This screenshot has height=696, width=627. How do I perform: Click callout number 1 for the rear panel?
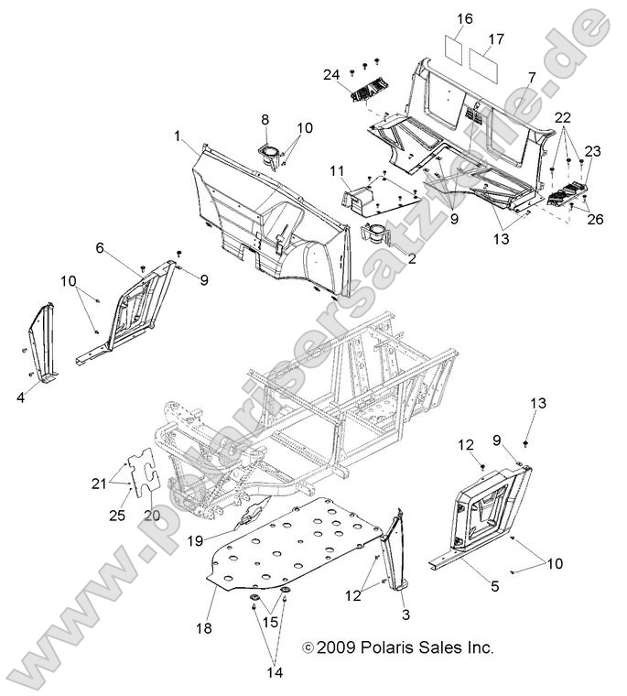click(176, 136)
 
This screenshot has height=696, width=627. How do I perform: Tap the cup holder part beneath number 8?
click(271, 156)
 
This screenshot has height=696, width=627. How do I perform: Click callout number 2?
click(412, 259)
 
